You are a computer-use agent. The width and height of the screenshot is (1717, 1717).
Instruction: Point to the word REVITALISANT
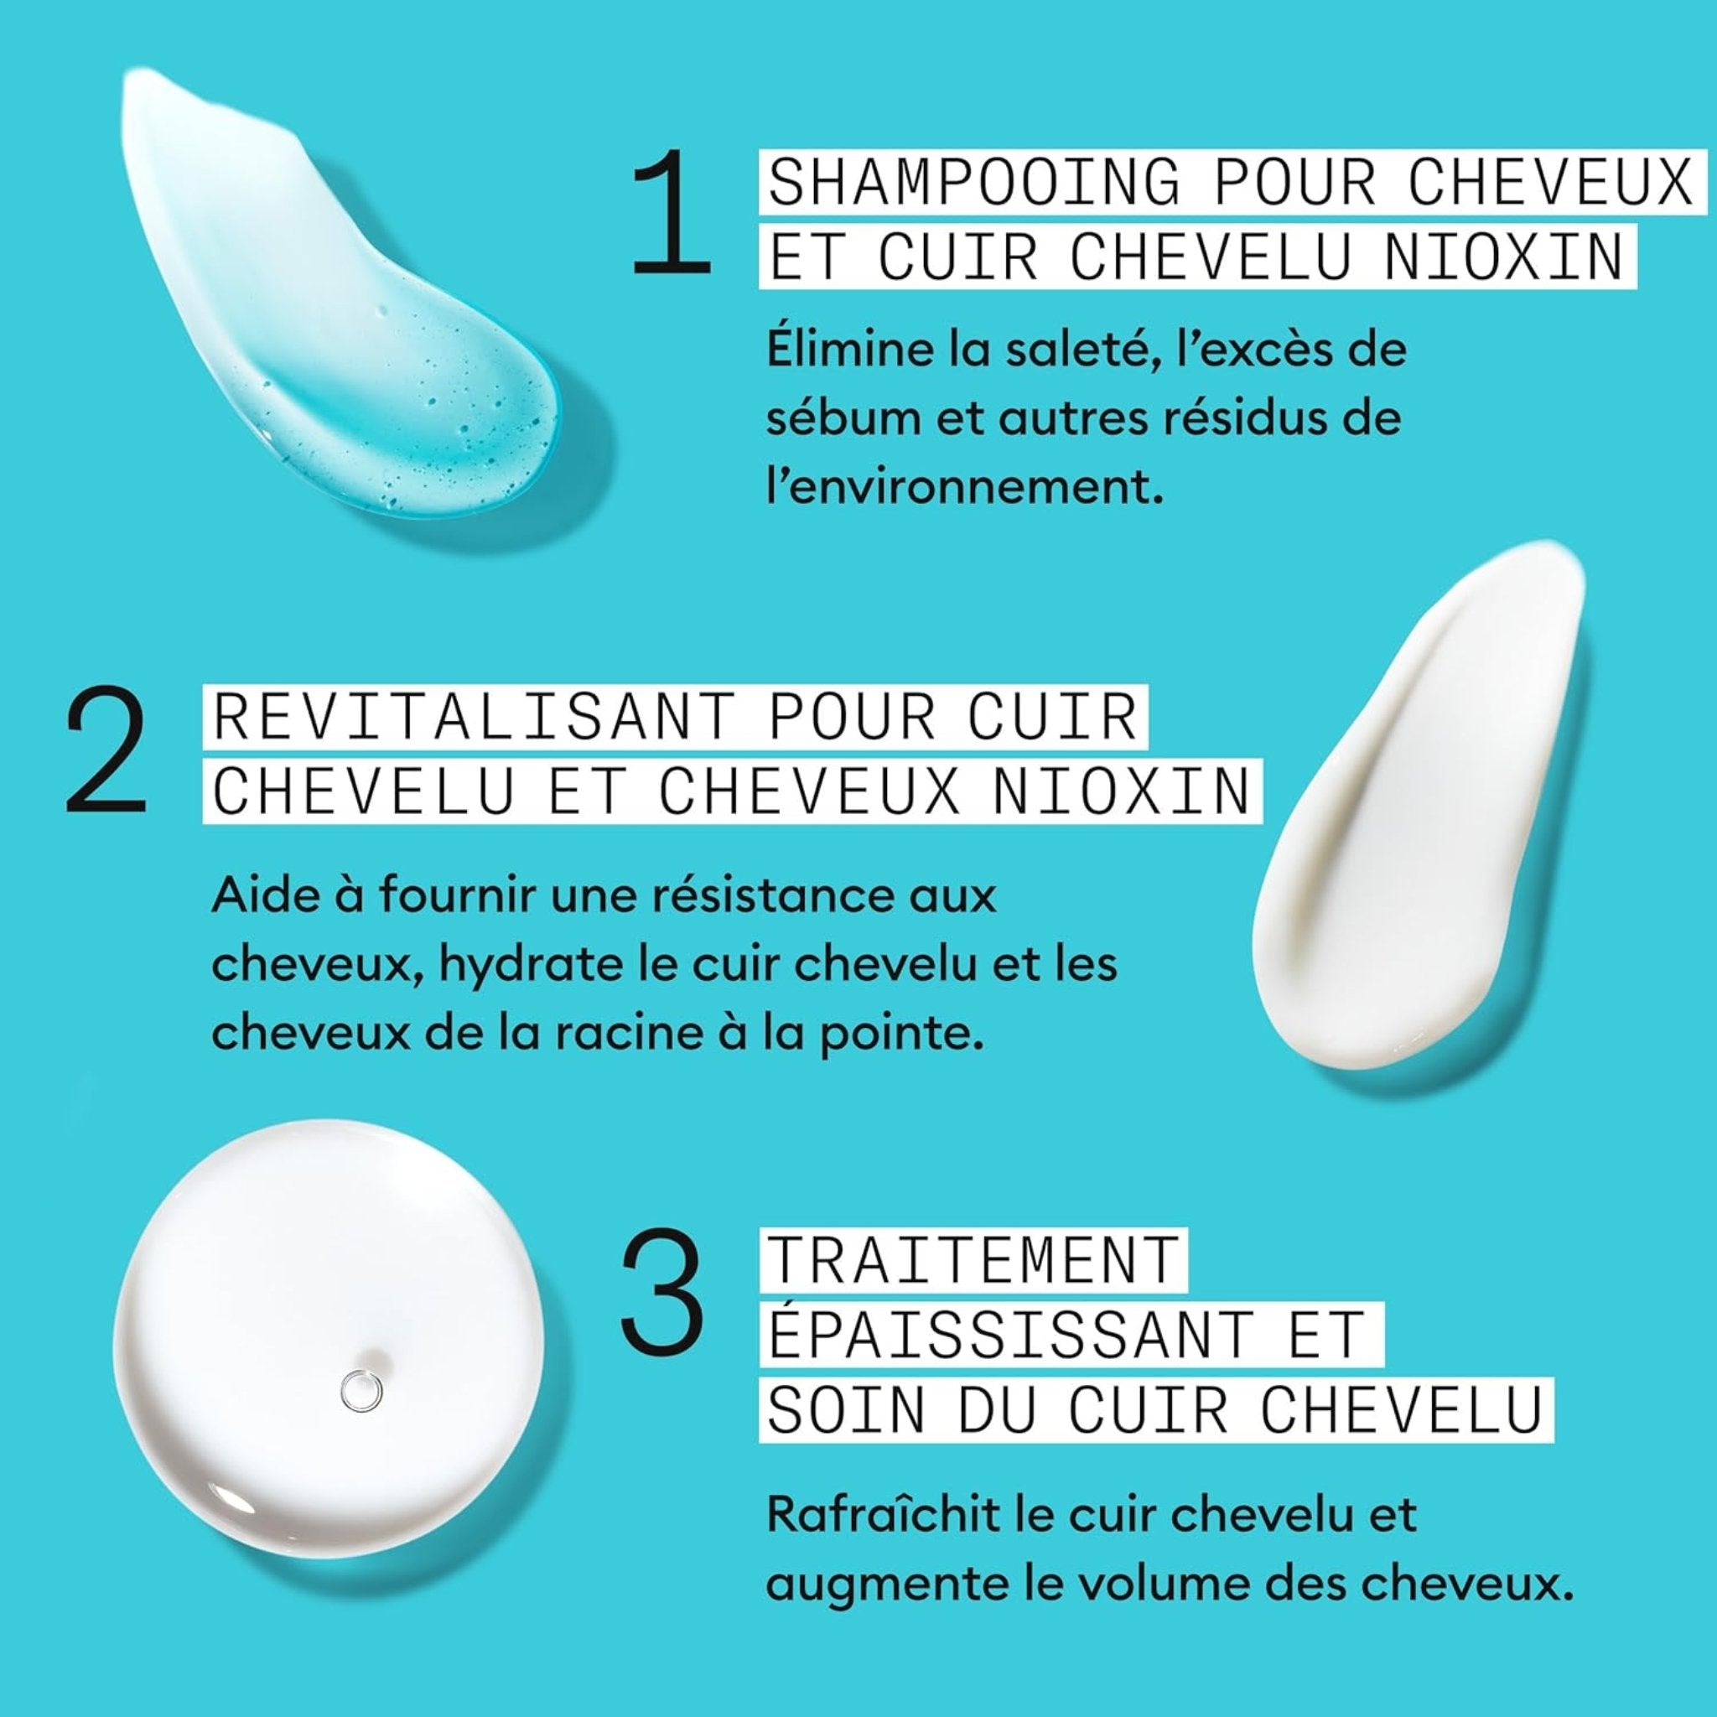click(474, 716)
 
